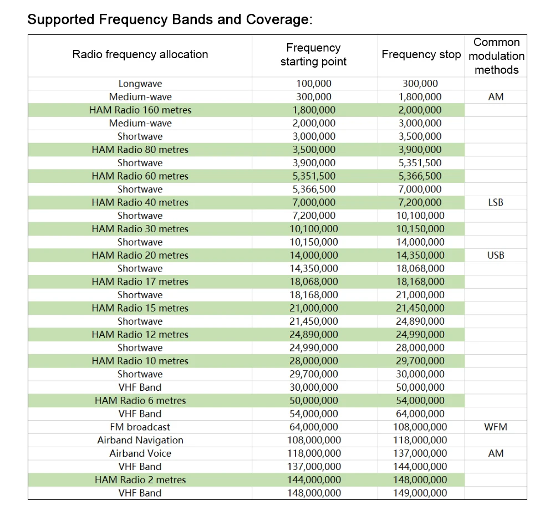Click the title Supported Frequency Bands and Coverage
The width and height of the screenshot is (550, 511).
click(x=170, y=19)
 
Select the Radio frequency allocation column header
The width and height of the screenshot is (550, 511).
click(x=140, y=54)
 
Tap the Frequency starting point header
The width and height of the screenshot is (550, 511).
click(x=313, y=55)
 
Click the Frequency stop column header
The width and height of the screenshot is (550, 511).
click(x=421, y=54)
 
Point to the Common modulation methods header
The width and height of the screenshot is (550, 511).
click(x=496, y=56)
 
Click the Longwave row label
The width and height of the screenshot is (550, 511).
click(x=140, y=84)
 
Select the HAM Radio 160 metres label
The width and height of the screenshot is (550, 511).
click(x=140, y=110)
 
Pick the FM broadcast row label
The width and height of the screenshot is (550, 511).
click(x=140, y=427)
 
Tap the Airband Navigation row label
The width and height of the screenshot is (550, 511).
click(x=140, y=440)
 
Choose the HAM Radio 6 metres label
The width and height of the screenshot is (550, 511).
click(x=140, y=400)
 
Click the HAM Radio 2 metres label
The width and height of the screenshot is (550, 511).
click(x=140, y=479)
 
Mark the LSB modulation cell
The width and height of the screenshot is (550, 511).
click(x=496, y=202)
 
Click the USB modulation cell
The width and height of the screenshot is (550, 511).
click(x=496, y=256)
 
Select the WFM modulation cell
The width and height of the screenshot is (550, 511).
click(x=496, y=427)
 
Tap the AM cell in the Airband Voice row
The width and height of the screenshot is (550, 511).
click(x=496, y=453)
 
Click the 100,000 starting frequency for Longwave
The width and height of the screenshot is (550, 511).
click(x=313, y=84)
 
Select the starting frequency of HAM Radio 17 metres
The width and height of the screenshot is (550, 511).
click(x=313, y=282)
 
